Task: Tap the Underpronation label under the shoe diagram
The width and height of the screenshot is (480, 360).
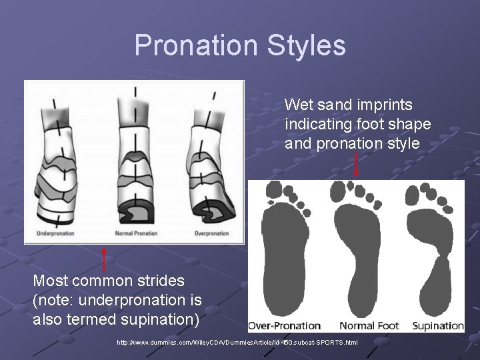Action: (x=55, y=233)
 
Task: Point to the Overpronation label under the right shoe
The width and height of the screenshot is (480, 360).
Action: (x=213, y=233)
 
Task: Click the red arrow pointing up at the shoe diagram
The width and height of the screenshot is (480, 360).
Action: (x=103, y=259)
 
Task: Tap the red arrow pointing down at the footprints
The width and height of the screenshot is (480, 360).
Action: (x=356, y=163)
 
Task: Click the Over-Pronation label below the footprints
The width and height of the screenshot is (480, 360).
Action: (x=285, y=326)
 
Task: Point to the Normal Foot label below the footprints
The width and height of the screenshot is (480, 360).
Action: (x=369, y=326)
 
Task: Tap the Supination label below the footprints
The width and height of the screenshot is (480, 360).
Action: (x=437, y=326)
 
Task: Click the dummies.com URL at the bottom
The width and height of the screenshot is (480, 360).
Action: (x=237, y=343)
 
